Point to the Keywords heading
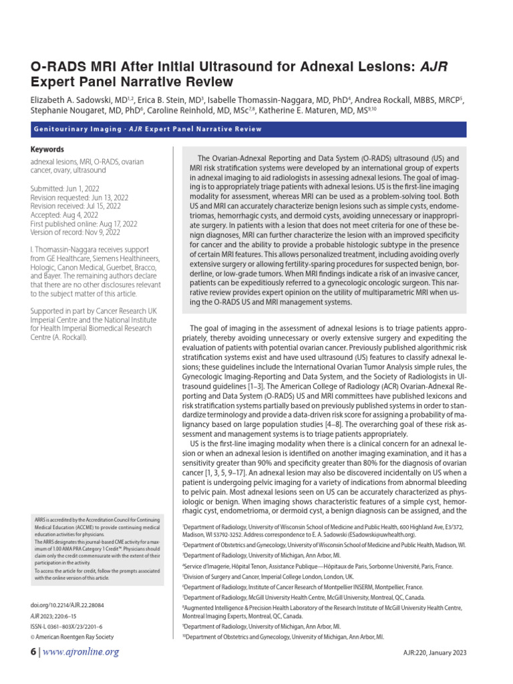point(46,150)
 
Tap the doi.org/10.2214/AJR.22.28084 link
point(72,605)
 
